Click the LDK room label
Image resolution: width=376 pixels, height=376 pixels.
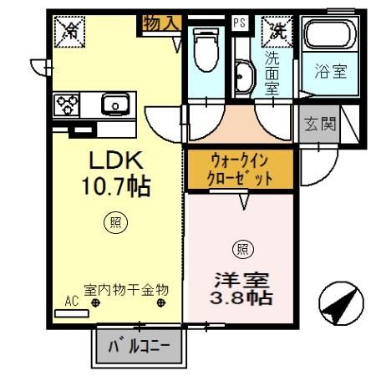coord(116,160)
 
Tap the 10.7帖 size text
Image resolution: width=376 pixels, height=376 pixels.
coord(116,186)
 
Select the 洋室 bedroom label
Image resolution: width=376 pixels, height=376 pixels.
coord(241,280)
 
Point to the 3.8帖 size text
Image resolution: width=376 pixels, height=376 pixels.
coord(241,298)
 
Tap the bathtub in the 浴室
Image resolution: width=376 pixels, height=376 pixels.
coord(330,34)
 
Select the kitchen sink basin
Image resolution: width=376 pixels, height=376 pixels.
coord(115,104)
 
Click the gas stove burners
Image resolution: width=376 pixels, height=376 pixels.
coord(67,104)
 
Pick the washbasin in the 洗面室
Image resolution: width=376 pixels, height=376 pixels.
coord(244,76)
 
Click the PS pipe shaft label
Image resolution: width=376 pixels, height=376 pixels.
coord(240,23)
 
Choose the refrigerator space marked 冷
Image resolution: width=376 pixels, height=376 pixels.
coord(69,32)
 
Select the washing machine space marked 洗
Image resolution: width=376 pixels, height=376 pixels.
coord(277,32)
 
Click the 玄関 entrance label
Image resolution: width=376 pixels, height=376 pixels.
coord(320,124)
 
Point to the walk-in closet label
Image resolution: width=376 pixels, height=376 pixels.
coord(240,170)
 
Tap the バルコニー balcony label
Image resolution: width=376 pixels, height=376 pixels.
coord(139,347)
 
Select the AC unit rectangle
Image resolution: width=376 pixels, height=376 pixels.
coord(72,313)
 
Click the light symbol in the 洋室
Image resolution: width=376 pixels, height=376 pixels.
coord(243,250)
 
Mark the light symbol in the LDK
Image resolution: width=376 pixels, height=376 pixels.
coord(116,222)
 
